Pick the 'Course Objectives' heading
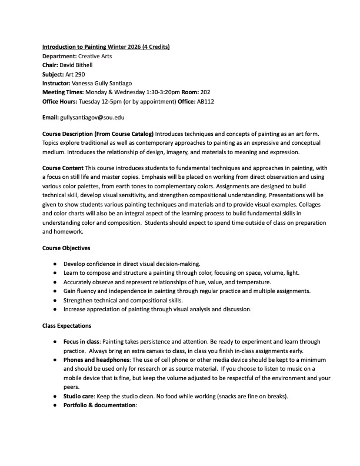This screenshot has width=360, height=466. [66, 247]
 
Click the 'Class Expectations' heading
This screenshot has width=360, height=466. [66, 326]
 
